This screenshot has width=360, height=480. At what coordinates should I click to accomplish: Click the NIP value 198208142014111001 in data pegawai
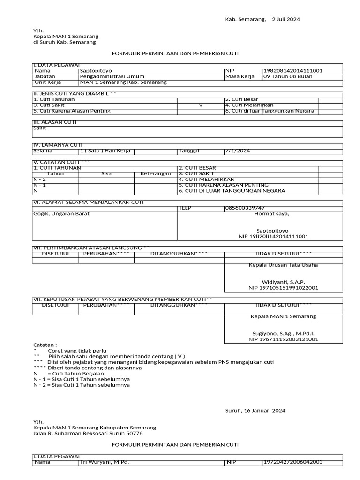(293, 71)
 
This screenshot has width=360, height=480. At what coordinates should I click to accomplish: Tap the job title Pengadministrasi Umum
(112, 76)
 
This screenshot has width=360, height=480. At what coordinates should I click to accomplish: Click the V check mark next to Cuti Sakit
(201, 105)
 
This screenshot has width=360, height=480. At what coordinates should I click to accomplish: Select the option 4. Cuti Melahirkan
(249, 105)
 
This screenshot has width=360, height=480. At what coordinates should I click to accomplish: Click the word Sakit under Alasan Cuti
(40, 128)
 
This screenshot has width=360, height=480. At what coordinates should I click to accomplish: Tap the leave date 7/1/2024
(238, 151)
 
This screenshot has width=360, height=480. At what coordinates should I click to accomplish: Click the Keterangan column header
(156, 174)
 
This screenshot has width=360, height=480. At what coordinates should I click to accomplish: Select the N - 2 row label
(40, 180)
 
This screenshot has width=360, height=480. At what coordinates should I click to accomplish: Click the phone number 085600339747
(244, 208)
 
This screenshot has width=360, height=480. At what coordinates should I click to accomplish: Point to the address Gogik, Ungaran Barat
(61, 214)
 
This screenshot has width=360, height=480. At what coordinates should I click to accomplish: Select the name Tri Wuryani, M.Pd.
(104, 462)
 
